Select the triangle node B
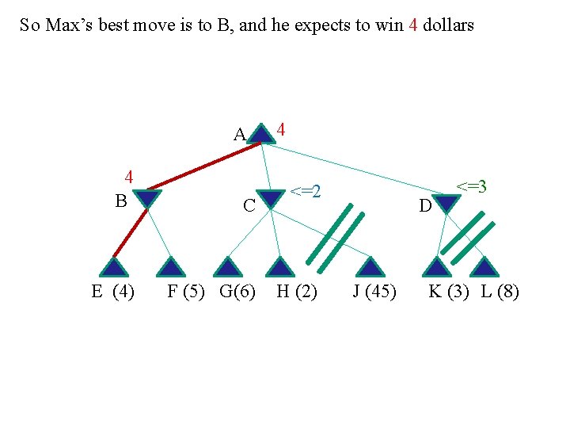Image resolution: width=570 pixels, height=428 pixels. click(x=147, y=198)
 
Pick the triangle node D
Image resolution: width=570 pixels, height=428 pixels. click(x=446, y=204)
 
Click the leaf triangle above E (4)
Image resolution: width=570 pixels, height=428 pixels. click(x=113, y=267)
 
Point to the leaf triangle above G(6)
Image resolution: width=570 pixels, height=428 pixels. click(x=228, y=267)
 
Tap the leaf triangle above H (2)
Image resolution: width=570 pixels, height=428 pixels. click(x=279, y=267)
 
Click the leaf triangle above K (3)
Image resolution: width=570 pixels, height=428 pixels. click(x=434, y=267)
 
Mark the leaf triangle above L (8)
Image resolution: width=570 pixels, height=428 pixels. click(x=485, y=267)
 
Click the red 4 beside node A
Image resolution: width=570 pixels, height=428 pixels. click(x=281, y=129)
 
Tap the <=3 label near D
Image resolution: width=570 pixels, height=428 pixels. click(x=470, y=187)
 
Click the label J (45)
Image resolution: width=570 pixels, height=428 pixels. click(x=374, y=292)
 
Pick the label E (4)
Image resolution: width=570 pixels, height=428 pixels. click(x=112, y=292)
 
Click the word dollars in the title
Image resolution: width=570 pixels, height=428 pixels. click(x=448, y=25)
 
